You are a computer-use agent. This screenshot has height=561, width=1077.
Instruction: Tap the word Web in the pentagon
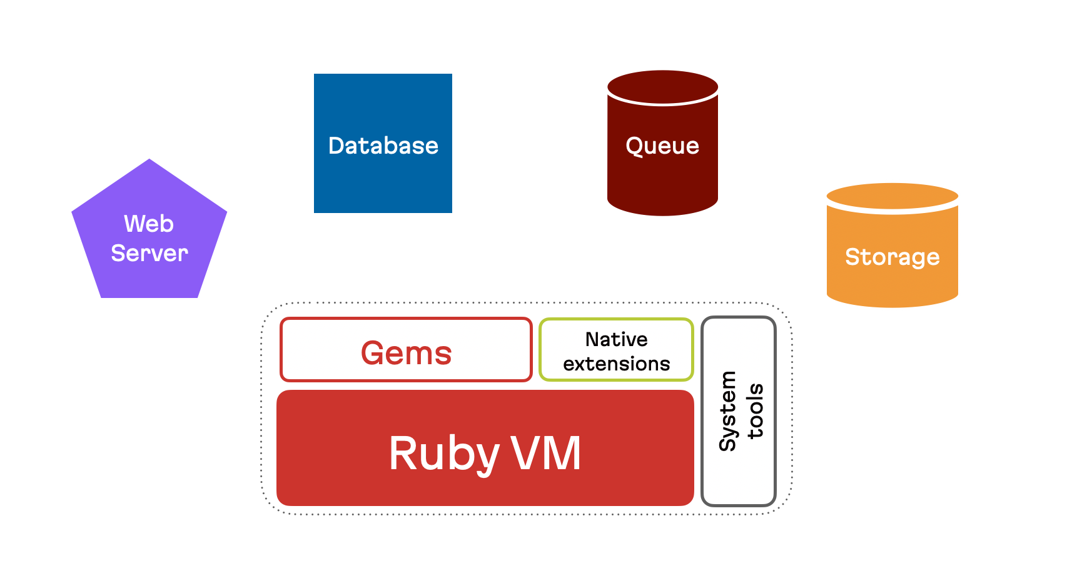[x=149, y=224]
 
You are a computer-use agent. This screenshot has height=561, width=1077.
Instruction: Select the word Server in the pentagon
[x=149, y=253]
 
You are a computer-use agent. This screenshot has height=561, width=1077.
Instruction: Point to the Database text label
[x=383, y=146]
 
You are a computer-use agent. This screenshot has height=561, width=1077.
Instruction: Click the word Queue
[x=662, y=146]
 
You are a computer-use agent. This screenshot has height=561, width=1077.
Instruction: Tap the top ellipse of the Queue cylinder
[x=662, y=86]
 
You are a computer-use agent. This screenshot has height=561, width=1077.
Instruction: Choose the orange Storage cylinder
[x=892, y=281]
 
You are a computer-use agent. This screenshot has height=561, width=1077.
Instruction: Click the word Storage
[x=892, y=257]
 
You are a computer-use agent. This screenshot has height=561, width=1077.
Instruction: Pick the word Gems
[x=406, y=353]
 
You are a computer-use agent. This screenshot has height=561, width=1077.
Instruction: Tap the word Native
[x=616, y=339]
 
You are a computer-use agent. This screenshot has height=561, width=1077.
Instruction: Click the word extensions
[x=616, y=364]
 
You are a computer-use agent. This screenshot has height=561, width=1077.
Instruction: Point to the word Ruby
[x=443, y=454]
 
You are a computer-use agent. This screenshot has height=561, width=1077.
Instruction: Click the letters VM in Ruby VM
[x=546, y=454]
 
